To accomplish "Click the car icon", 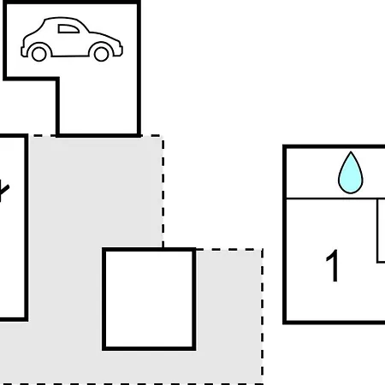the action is [x=72, y=39].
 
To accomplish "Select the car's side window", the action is [x=68, y=29].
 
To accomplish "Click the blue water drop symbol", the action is [x=351, y=173].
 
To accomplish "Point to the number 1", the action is [x=332, y=266].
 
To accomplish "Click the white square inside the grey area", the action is [x=149, y=299].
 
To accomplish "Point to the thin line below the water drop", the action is [x=335, y=198].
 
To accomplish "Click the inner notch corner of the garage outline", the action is [x=57, y=79].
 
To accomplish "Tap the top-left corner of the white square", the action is [x=104, y=250].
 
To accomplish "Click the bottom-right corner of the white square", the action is [x=194, y=349].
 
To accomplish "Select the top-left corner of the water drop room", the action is [x=284, y=146].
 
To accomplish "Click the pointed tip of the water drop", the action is [x=351, y=151].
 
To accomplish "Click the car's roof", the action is [x=62, y=19].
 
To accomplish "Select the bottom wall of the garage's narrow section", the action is [x=98, y=136].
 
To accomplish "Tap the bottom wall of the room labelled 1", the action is [x=334, y=323].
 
